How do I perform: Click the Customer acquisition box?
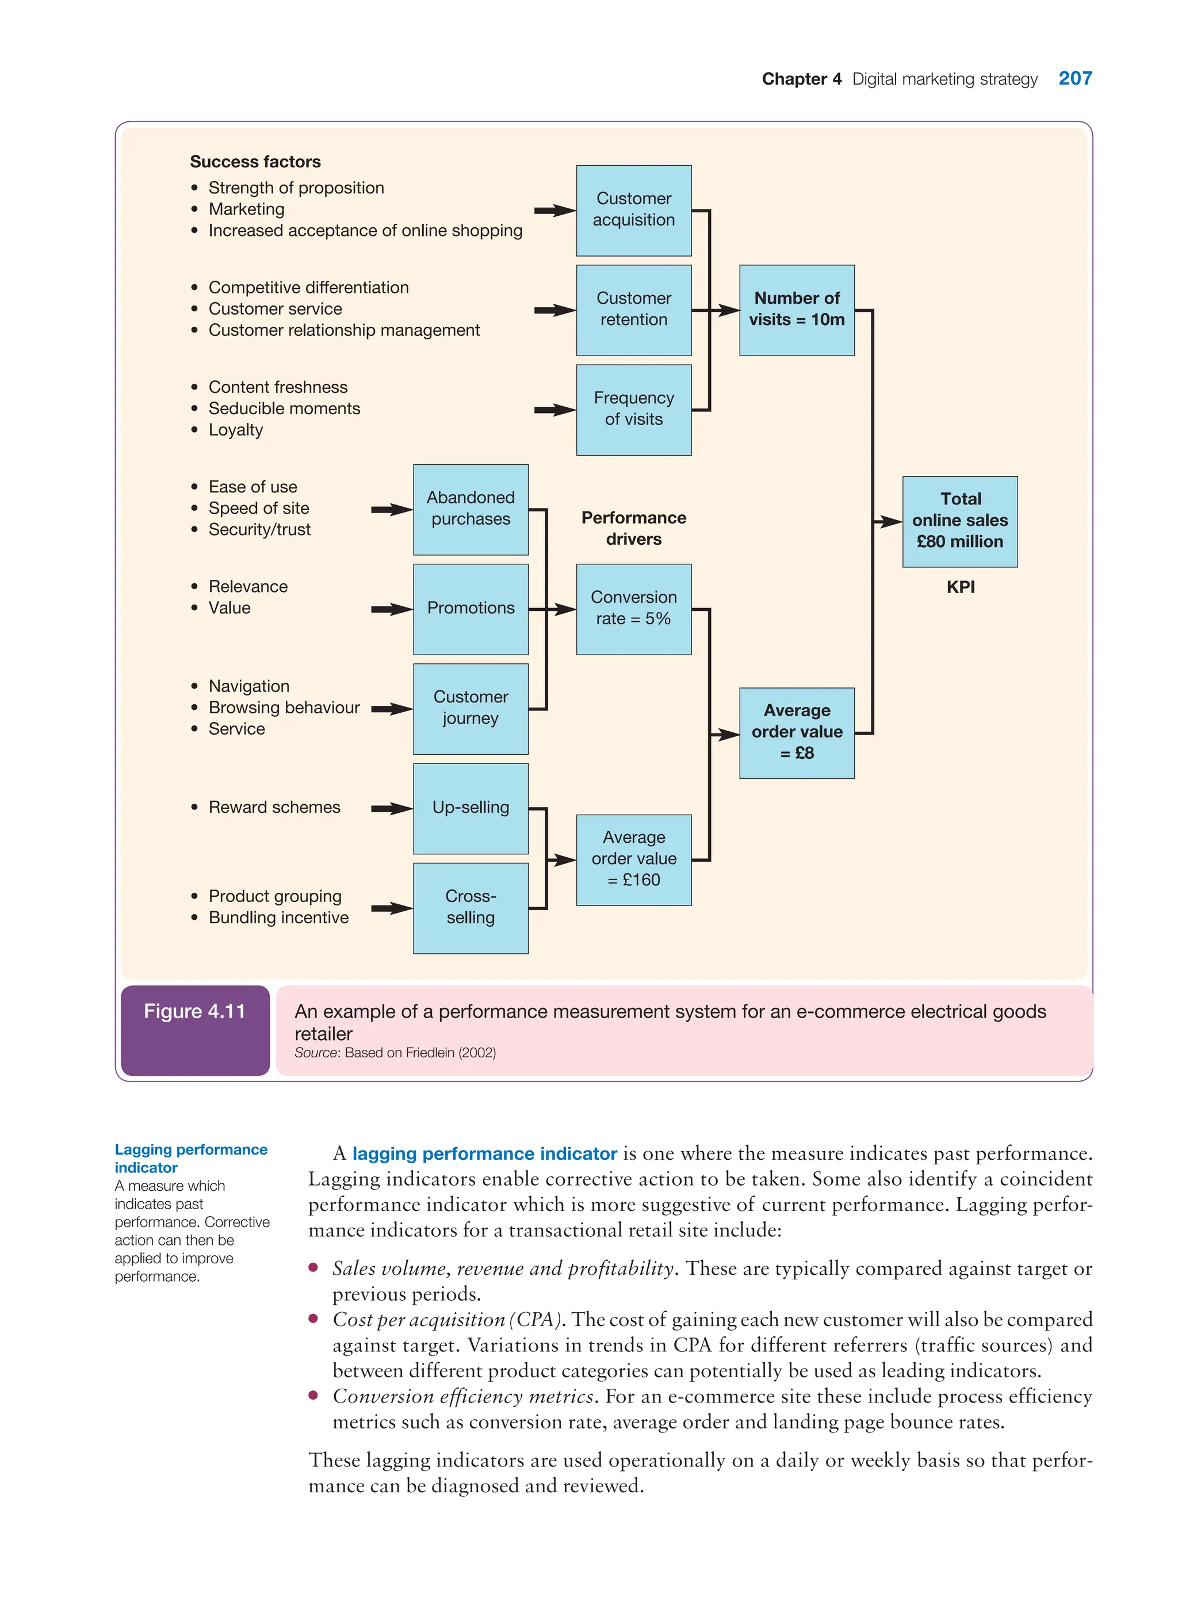[x=633, y=211]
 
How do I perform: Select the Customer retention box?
[x=633, y=310]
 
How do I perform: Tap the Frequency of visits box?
[x=633, y=410]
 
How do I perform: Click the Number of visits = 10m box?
[x=797, y=310]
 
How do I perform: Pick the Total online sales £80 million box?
[x=960, y=521]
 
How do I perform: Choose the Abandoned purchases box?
[x=471, y=509]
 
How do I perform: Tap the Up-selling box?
[x=471, y=808]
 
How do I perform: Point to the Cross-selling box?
[x=471, y=908]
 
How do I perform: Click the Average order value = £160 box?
[x=633, y=859]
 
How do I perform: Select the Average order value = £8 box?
[x=797, y=732]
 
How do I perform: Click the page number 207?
[x=1074, y=78]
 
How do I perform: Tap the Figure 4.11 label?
[x=194, y=1011]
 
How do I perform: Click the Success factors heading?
[x=255, y=162]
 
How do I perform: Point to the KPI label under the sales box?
[x=961, y=587]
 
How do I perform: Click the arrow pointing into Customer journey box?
[x=392, y=709]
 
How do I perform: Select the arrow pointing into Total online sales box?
[x=889, y=521]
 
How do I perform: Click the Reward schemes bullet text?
[x=274, y=807]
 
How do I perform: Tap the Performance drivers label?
[x=633, y=529]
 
